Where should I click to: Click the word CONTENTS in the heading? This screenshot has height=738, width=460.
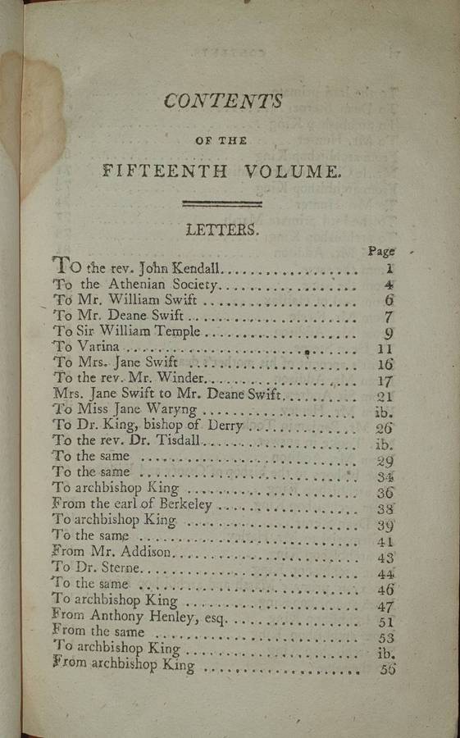tap(223, 101)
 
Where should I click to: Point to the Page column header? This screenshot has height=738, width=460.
tap(381, 251)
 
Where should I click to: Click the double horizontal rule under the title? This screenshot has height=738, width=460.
tap(222, 202)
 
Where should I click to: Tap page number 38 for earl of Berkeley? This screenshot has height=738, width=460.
tap(386, 509)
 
